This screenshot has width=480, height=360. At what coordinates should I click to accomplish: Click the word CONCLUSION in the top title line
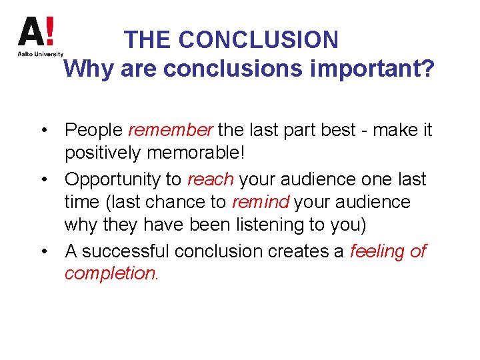coord(259,40)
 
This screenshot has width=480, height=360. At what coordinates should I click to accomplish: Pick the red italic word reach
coord(211,179)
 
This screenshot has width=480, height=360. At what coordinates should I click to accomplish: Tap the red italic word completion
coord(110,273)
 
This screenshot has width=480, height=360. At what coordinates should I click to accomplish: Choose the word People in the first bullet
coord(94,129)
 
